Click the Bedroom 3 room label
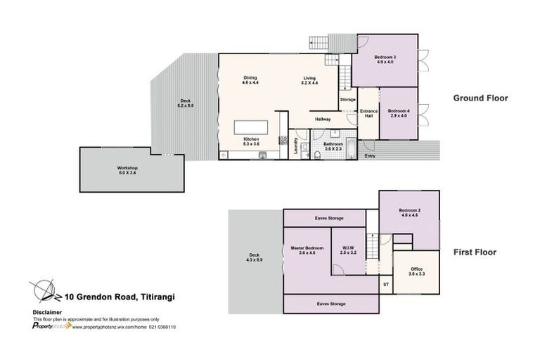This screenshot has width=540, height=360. click(x=385, y=56)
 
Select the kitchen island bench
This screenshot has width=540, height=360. click(x=252, y=127)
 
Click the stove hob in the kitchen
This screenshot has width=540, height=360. click(x=282, y=141)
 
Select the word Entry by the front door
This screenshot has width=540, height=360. click(x=370, y=155)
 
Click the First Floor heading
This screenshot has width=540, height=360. click(x=475, y=252)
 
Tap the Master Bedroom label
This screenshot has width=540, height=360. click(x=307, y=248)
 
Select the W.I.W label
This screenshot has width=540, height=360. click(x=348, y=248)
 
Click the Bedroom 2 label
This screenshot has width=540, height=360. click(x=409, y=211)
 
